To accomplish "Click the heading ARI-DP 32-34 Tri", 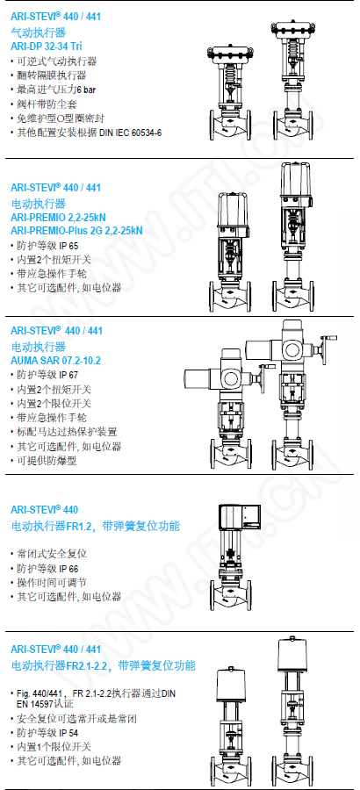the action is point(47,47).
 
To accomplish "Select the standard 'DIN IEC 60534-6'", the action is point(134,133).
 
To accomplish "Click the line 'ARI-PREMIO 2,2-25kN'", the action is point(58,219).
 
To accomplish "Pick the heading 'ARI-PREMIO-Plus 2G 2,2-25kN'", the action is point(76,231).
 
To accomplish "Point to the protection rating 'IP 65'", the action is point(68,246).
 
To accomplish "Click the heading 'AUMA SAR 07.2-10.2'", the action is point(55,362).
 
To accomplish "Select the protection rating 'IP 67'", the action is point(68,375).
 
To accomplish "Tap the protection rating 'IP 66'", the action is point(68,569).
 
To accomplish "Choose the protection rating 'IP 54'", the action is point(68,733).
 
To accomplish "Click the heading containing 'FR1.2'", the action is point(96,527).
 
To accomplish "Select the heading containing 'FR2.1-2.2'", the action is point(103,665).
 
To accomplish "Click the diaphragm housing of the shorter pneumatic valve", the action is point(229,53).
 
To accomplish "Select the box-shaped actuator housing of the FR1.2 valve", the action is point(240,516).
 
